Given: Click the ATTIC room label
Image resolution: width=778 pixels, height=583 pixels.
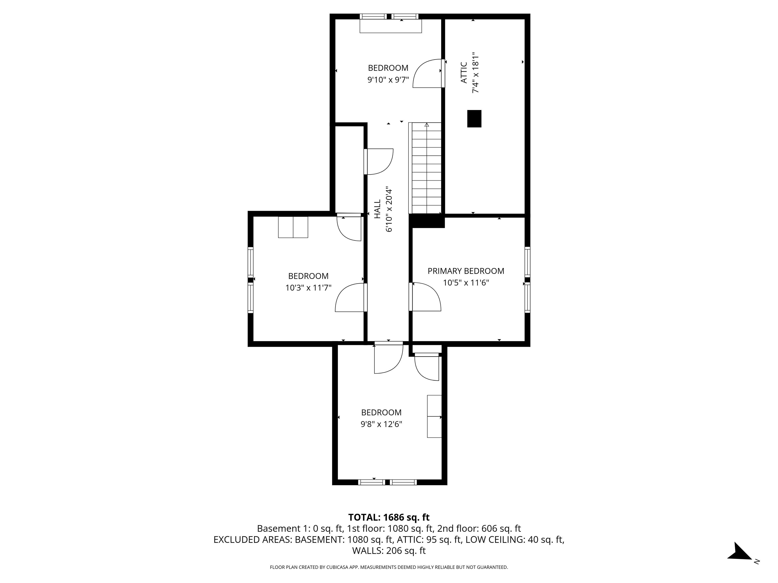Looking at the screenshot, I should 463,73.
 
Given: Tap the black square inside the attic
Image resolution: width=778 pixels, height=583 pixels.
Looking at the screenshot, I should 474,119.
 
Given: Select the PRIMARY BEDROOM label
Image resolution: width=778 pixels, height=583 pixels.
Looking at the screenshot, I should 466,271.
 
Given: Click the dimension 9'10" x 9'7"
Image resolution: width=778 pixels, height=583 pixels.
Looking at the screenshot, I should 388,80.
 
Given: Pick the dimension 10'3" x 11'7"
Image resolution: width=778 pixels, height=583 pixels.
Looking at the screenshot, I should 308,288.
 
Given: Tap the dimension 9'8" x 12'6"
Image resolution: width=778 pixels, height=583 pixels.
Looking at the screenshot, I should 381,424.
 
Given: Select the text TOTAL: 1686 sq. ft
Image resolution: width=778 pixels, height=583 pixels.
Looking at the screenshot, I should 389,517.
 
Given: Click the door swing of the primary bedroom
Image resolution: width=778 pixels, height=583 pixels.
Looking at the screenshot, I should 425,297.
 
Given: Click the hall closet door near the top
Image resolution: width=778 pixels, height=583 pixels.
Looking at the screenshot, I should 379,162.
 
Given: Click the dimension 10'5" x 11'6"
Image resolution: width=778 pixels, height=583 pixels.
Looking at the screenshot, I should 466,283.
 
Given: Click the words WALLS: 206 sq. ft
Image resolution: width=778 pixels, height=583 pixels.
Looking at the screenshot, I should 389,551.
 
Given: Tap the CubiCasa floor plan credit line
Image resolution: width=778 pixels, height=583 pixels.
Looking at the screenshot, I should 389,567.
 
